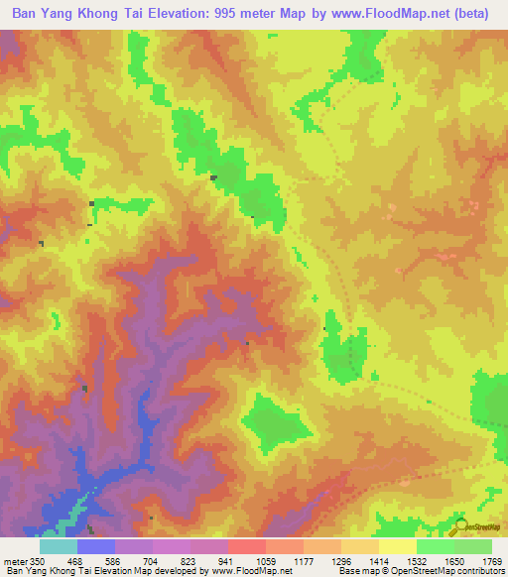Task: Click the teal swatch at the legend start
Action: [x=59, y=546]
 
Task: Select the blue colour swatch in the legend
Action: [x=96, y=546]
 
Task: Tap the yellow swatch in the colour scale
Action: [x=397, y=546]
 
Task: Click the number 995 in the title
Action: [x=225, y=14]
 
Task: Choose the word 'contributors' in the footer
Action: [x=480, y=570]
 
